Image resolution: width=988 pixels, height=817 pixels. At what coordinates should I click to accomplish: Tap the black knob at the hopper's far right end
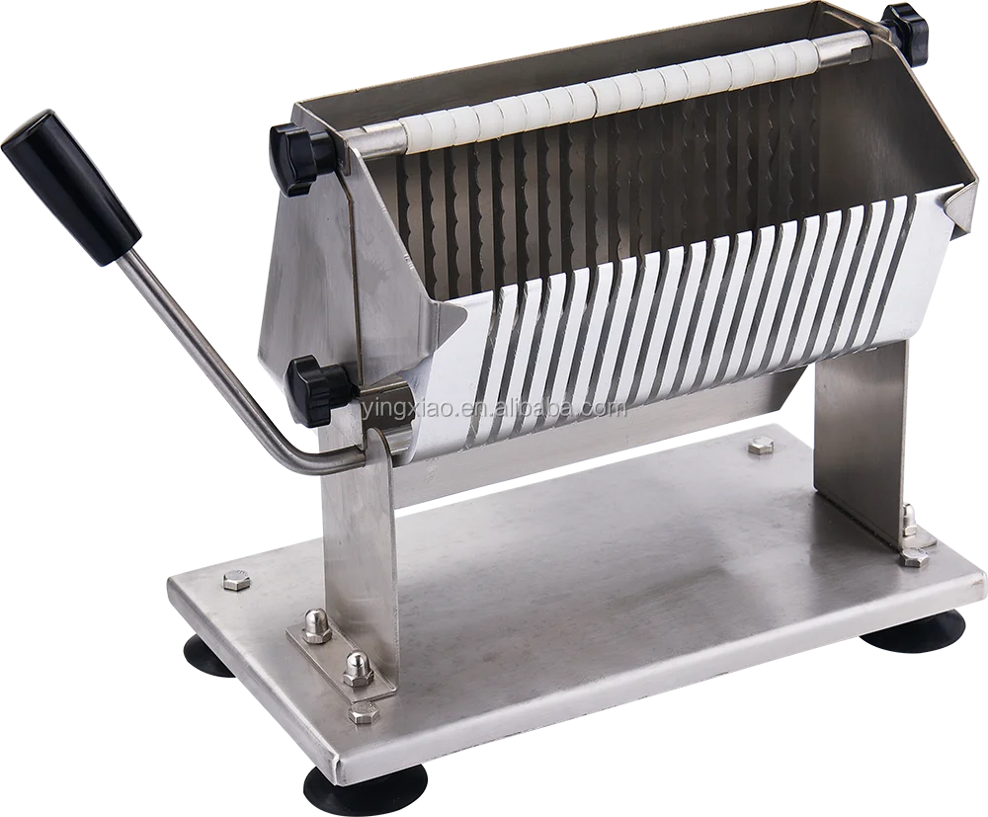907,32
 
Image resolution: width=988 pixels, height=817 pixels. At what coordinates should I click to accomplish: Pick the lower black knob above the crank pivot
318,386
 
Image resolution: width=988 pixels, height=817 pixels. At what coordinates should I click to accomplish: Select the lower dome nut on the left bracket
355,669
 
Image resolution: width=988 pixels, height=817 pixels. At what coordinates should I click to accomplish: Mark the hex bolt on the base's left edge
236,580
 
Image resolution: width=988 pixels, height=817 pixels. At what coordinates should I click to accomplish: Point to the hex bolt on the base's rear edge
760,446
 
